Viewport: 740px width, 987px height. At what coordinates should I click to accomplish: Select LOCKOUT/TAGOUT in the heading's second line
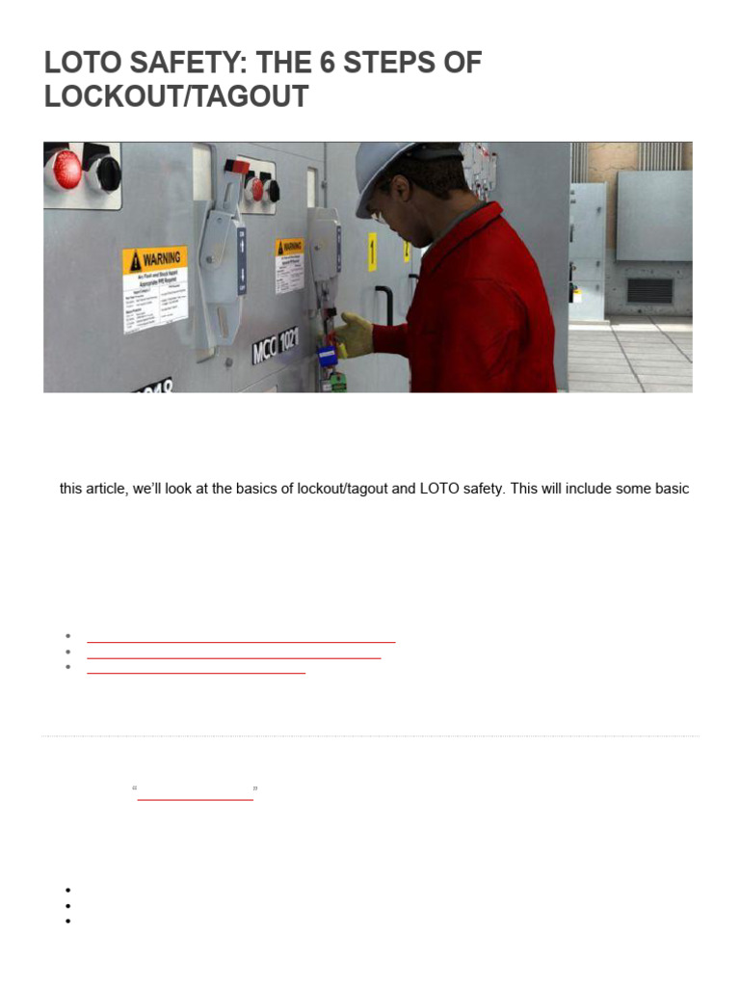176,97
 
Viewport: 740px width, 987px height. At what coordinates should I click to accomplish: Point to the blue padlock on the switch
326,355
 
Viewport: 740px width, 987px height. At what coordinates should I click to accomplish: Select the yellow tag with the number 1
372,252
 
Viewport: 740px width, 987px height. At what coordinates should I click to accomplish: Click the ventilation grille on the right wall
650,290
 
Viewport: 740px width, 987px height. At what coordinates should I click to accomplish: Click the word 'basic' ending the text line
671,489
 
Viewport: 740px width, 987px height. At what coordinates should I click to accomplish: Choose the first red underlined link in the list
241,640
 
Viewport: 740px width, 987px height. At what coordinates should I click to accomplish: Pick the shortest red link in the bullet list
196,672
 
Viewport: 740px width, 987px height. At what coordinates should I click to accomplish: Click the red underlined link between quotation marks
195,798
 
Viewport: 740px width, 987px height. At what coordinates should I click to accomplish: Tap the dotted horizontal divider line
370,736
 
